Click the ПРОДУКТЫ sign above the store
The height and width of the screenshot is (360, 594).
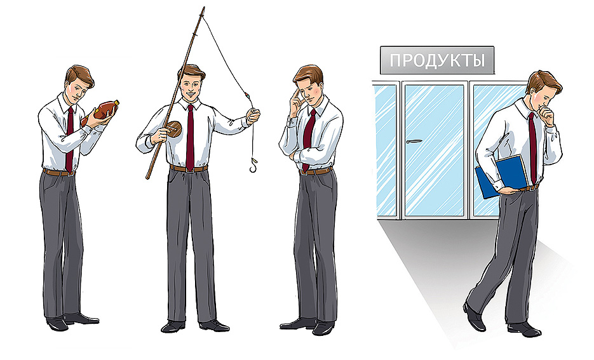pos(437,61)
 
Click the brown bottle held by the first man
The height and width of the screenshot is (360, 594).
pos(103,112)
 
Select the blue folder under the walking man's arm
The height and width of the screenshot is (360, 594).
pos(502,176)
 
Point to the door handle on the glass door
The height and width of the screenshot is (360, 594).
pos(414,142)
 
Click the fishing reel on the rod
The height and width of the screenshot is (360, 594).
pos(173,130)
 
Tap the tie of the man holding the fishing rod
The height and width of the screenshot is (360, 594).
pos(190,133)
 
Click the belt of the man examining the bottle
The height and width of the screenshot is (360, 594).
pos(58,172)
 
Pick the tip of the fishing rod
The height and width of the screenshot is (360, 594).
pos(204,8)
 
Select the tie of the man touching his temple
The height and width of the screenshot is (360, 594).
pos(309,137)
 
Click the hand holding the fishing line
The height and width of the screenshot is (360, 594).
pos(253,116)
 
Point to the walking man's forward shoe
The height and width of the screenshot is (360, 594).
pos(474,317)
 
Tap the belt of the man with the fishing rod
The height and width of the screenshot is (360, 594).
pos(188,168)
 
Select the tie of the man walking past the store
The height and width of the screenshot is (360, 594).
pos(532,146)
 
